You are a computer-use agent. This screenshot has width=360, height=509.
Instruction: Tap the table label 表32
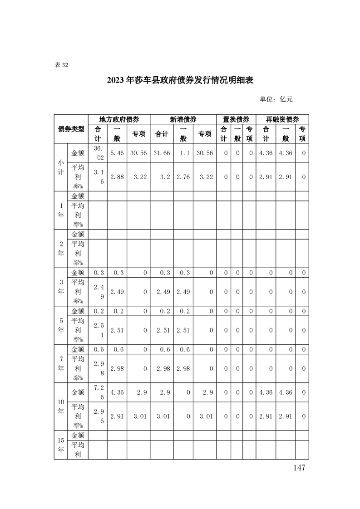coord(61,65)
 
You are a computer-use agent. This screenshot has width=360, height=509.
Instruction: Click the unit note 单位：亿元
coord(276,99)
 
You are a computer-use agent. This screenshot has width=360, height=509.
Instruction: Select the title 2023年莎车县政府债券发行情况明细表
coord(180,80)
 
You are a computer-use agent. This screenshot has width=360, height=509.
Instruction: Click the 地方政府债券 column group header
coord(119,119)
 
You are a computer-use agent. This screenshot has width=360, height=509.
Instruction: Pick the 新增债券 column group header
coord(183,119)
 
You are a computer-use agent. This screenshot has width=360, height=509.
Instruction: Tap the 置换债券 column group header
coord(236,119)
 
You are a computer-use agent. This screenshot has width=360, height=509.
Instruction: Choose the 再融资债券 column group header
coord(282,119)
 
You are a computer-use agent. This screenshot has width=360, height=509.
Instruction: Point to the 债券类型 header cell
coord(71,129)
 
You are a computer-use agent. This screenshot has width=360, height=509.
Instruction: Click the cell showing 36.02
coord(98,153)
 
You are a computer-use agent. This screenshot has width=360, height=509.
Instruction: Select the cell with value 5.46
coord(117,153)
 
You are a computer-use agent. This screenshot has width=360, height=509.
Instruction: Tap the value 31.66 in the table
coord(162,153)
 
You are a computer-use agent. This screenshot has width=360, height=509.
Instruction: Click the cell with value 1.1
coord(184,153)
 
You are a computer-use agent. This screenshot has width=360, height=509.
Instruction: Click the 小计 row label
coord(60,167)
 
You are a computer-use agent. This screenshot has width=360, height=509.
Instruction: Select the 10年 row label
coord(60,406)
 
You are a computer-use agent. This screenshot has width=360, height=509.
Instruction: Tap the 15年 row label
coord(60,445)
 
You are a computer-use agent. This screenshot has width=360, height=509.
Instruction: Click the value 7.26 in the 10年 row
coord(98,392)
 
